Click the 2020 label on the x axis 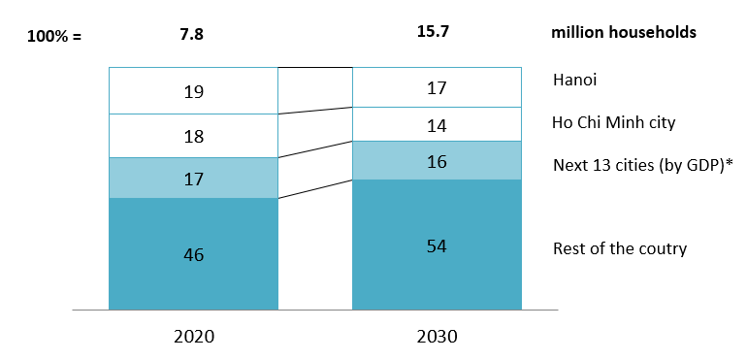pos(194,338)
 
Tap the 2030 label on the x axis pos(437,338)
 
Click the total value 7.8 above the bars pos(193,34)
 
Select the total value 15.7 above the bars pos(436,32)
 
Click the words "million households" pos(624,32)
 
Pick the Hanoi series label pos(574,80)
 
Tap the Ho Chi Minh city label pos(613,122)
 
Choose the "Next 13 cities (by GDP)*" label pos(642,164)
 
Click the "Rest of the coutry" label pos(619,248)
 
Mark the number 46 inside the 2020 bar pos(194,255)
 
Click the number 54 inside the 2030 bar pos(437,245)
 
